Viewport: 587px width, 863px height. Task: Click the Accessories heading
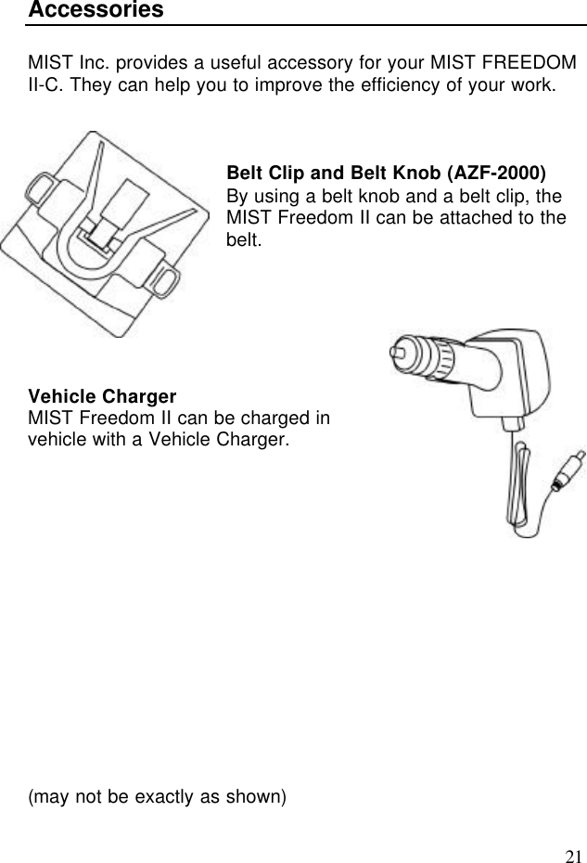96,10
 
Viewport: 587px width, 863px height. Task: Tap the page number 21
574,855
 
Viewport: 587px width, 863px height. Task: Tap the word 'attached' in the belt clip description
482,219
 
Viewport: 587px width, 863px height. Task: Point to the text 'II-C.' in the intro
45,86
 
